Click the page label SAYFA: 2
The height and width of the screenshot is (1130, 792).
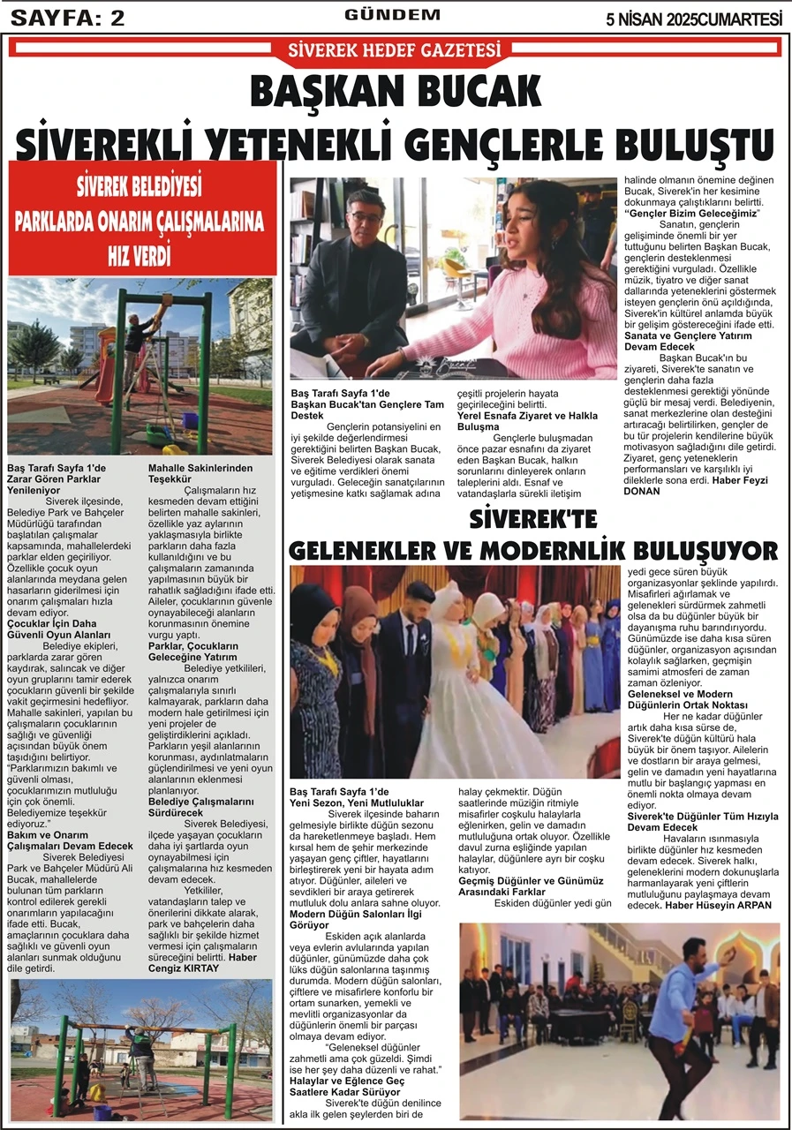[67, 17]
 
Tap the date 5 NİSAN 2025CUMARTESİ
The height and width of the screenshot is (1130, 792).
[694, 18]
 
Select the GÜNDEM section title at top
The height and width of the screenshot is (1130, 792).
[392, 15]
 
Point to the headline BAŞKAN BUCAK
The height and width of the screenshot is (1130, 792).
[395, 92]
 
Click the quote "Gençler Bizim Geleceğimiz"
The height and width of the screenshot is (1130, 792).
[692, 214]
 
